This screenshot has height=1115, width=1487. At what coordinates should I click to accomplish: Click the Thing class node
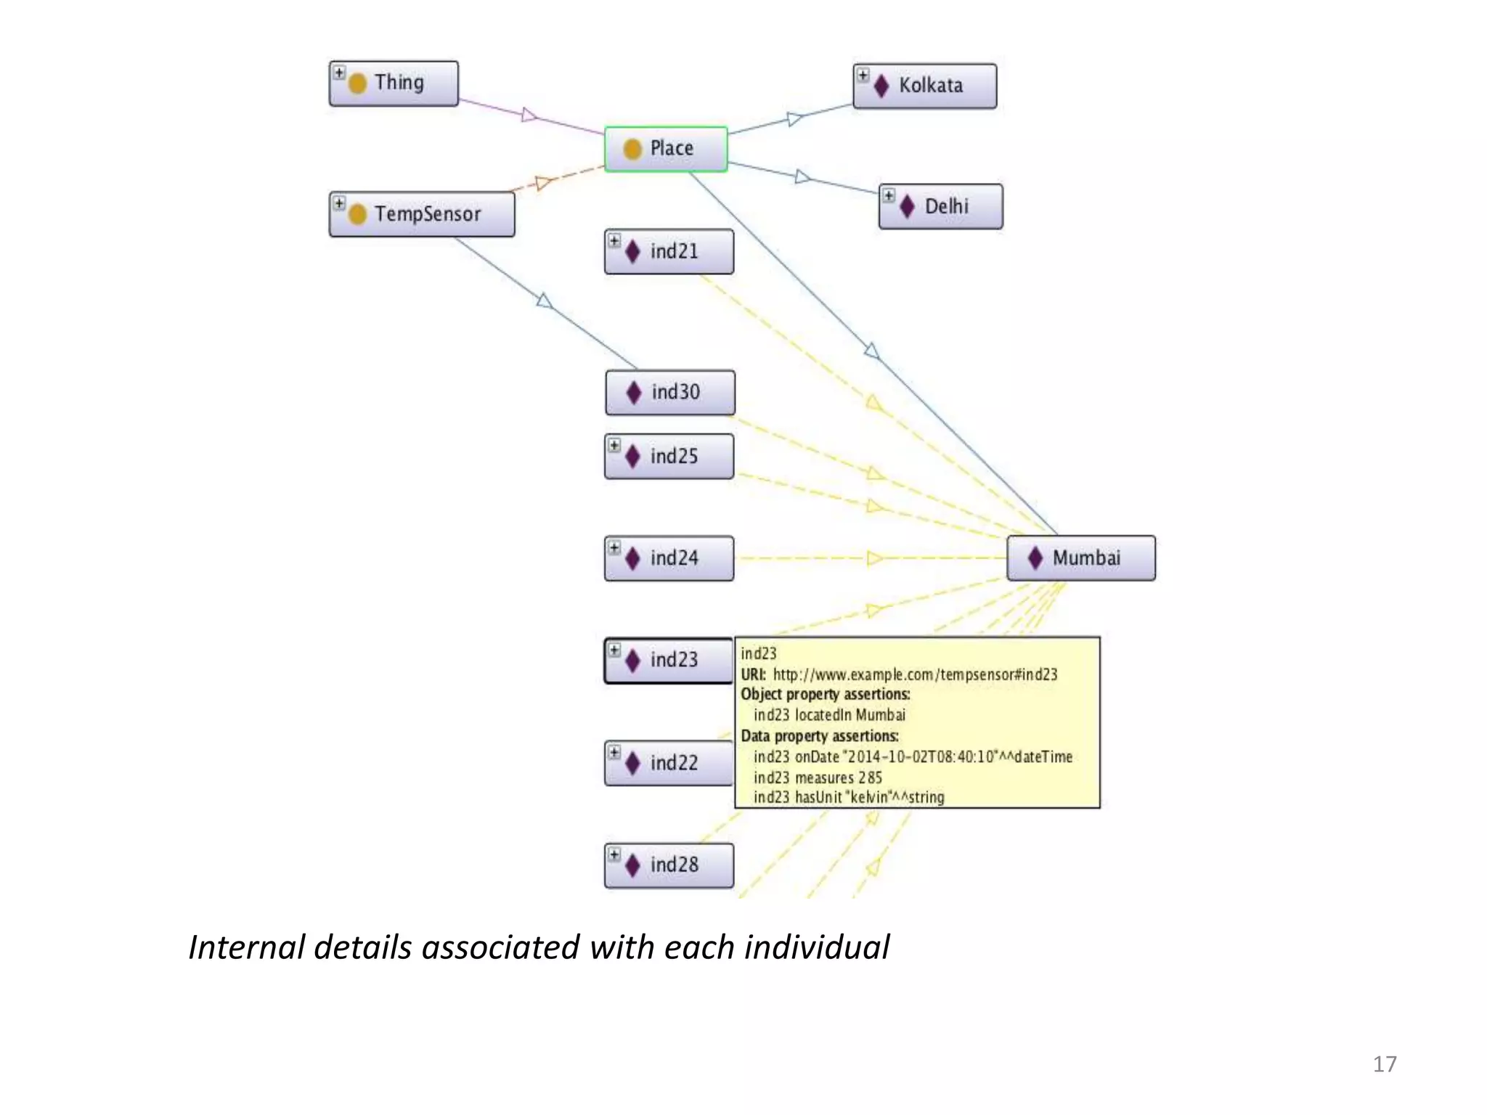coord(394,83)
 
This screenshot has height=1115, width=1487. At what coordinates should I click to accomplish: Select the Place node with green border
coord(666,149)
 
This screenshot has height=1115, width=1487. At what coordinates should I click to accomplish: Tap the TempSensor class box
coord(422,214)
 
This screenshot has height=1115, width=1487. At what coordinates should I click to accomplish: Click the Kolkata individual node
coord(924,86)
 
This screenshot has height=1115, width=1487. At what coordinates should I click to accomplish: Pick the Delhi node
coord(941,207)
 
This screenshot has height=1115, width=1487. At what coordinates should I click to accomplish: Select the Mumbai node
coord(1080,558)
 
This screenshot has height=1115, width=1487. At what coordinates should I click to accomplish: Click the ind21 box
coord(669,252)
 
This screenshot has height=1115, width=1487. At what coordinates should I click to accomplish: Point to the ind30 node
coord(670,393)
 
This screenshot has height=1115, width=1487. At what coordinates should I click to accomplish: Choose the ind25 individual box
coord(669,457)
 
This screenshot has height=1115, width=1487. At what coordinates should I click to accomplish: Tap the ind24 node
coord(669,558)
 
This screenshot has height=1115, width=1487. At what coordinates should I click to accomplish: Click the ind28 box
coord(669,865)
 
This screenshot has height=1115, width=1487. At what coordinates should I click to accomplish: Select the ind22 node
coord(669,763)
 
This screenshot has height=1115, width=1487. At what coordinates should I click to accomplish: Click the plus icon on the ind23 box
coord(614,650)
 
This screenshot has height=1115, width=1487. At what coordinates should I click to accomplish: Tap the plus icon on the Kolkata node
coord(863,75)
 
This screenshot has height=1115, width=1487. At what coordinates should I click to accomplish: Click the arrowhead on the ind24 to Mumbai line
coord(874,558)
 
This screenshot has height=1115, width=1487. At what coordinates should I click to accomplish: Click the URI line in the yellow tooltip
coord(899,674)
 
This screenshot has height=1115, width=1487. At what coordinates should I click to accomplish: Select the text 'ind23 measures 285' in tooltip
coord(818,777)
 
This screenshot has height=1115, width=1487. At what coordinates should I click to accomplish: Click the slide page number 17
coord(1384,1064)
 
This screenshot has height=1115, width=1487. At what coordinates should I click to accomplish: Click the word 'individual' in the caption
coord(817,947)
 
